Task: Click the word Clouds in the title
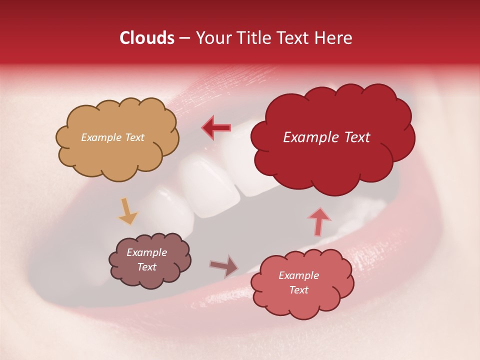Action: click(147, 38)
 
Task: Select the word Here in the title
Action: click(334, 38)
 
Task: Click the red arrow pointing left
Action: click(216, 127)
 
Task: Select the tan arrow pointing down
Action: click(128, 211)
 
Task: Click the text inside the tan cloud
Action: click(112, 137)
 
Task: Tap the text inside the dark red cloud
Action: click(326, 137)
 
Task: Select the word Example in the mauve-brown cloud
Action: click(146, 252)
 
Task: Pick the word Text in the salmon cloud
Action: click(298, 290)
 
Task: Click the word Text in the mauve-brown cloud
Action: click(146, 267)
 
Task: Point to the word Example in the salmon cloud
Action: click(298, 275)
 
